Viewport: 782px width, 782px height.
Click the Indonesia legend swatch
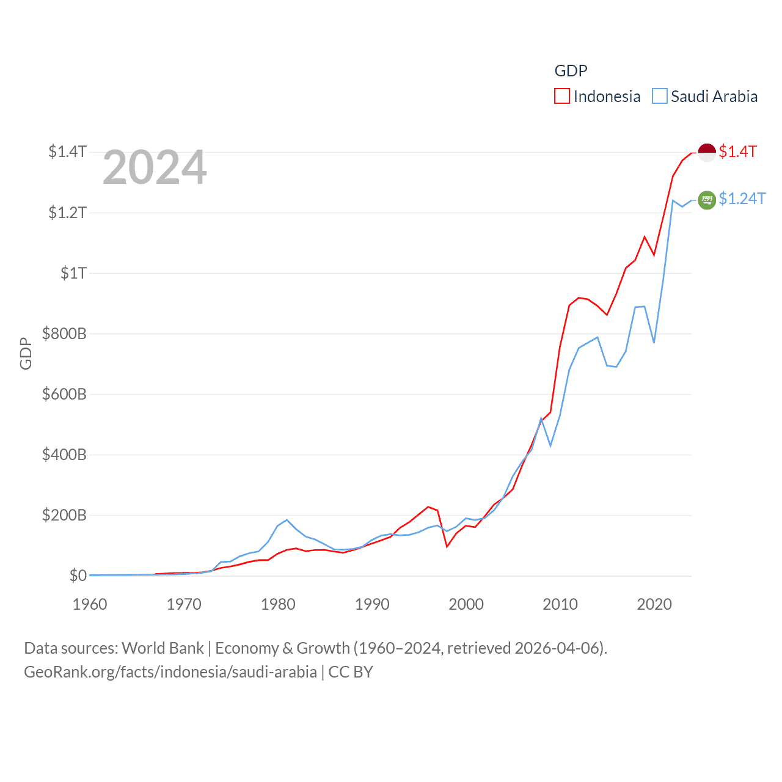[x=562, y=97]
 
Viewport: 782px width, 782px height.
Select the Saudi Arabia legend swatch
[x=660, y=97]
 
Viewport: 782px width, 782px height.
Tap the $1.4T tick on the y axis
[x=67, y=152]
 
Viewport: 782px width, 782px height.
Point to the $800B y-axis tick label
[x=64, y=334]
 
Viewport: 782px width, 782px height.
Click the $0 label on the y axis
[x=78, y=576]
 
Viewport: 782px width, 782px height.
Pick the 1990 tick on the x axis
[x=372, y=604]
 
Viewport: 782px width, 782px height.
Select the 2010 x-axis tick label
[x=560, y=604]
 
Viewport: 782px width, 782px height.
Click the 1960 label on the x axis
[x=90, y=604]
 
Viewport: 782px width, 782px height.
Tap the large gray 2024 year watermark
[x=155, y=167]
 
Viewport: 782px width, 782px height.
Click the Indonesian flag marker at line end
[x=707, y=152]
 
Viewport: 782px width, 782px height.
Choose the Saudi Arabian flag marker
[x=707, y=200]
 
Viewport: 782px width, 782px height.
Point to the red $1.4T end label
[x=738, y=152]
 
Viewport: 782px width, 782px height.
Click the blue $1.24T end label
[x=742, y=199]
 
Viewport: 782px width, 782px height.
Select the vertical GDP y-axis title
[x=26, y=353]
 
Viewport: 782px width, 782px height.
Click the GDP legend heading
[x=571, y=71]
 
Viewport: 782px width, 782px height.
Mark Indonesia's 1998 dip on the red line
[x=447, y=546]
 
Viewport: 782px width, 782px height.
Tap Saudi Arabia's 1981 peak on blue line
[x=287, y=520]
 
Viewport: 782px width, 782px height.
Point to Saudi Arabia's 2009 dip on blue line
[x=550, y=445]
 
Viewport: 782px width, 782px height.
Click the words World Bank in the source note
[x=163, y=648]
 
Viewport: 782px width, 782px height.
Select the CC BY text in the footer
[x=351, y=672]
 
